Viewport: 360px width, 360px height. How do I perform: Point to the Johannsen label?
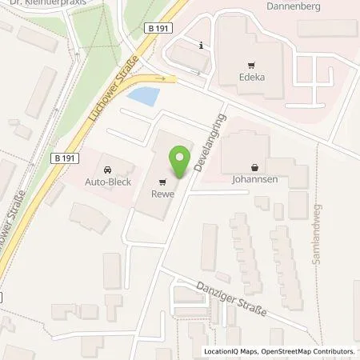[254, 181]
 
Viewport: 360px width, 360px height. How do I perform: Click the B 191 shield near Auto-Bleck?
[68, 158]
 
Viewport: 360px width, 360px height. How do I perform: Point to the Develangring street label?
[209, 145]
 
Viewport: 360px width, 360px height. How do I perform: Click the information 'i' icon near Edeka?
[201, 46]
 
